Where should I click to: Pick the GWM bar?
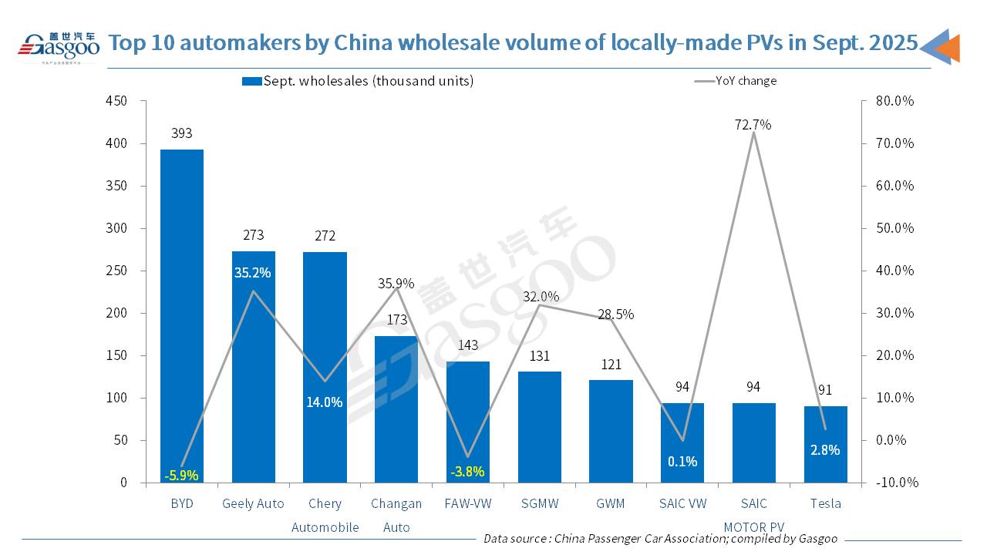pos(611,432)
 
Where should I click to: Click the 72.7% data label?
pos(754,125)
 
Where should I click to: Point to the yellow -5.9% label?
pos(182,476)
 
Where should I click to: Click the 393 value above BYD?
pos(182,133)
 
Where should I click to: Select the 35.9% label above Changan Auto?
pos(396,283)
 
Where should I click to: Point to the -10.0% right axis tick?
pos(896,483)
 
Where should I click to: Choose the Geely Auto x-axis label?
pos(253,503)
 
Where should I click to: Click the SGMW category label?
pos(540,503)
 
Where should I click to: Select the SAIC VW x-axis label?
pos(682,503)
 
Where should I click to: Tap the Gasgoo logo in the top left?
pos(59,46)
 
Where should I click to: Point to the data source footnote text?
pos(660,539)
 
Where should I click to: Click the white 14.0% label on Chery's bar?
pos(325,402)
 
